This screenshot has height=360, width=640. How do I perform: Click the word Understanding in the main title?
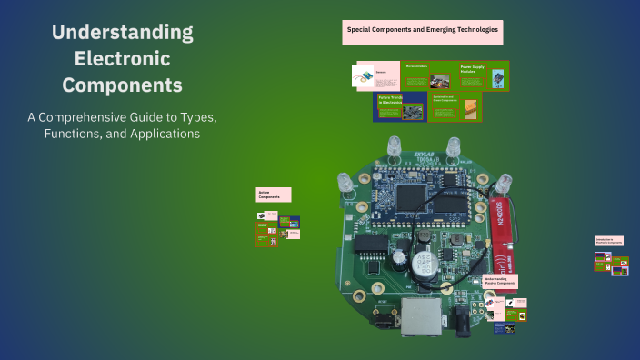coord(122,33)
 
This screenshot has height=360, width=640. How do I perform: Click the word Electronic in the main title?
coord(122,59)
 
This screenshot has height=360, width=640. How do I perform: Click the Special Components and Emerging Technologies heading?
coord(422,31)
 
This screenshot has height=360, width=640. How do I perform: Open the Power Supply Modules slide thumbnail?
coord(482,75)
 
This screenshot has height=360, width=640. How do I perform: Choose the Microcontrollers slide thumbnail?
coord(427,75)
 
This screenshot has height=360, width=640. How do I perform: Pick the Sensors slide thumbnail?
coord(374,75)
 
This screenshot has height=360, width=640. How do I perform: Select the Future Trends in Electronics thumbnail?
coord(400,106)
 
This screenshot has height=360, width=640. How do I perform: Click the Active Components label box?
coord(273,195)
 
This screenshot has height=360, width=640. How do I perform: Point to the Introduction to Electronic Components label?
coord(609,243)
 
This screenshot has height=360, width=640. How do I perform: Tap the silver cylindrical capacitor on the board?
coord(422,265)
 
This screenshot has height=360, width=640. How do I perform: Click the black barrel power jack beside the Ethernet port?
coord(463,319)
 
